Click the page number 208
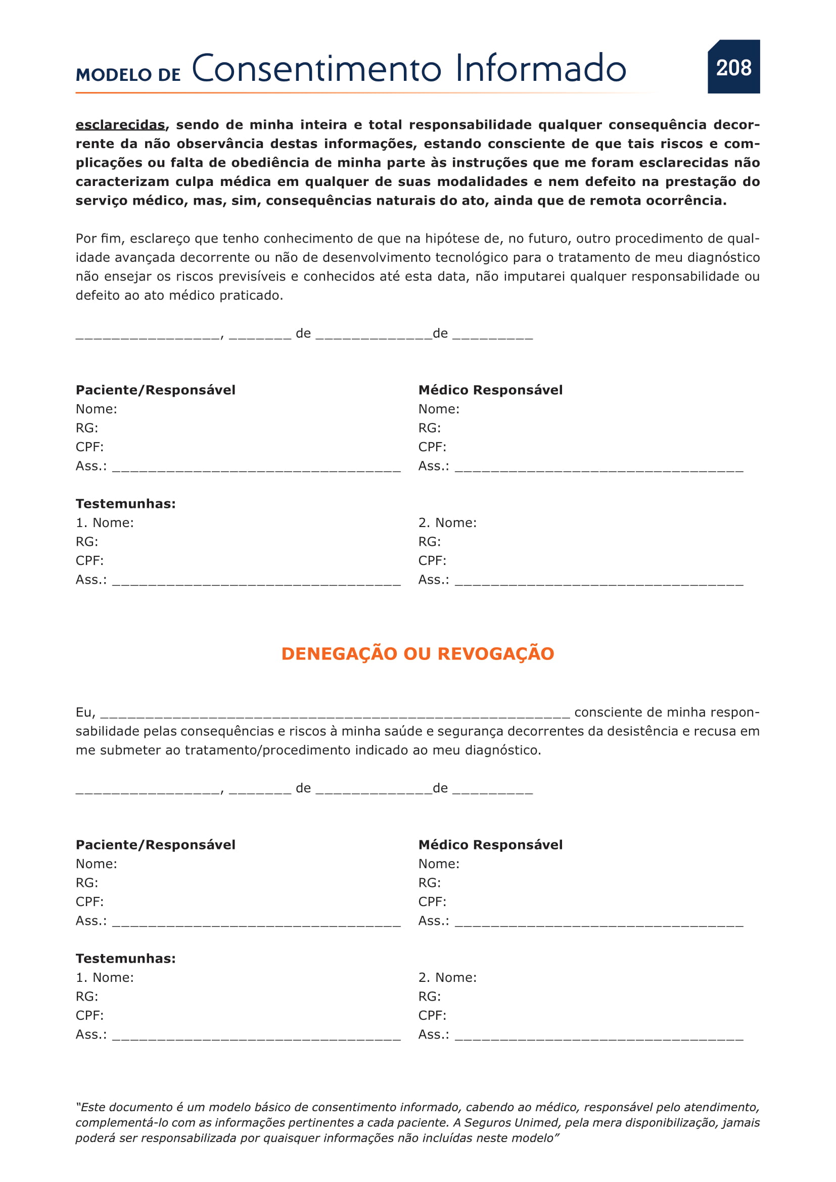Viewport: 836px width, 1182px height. (733, 68)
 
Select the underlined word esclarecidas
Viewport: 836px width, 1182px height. (120, 125)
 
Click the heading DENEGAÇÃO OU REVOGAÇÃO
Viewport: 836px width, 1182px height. (417, 654)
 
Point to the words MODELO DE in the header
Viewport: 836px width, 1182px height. (128, 75)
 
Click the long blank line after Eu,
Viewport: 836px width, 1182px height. (335, 713)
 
